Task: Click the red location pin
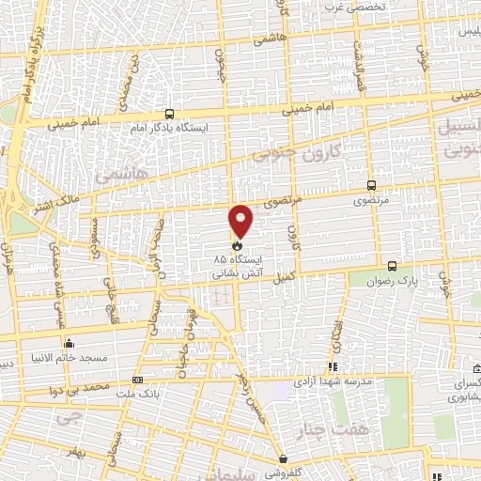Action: (241, 220)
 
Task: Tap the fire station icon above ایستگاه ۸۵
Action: (236, 247)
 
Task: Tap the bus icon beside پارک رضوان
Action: (393, 266)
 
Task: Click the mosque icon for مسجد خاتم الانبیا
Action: (68, 343)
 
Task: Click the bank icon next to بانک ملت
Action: (138, 380)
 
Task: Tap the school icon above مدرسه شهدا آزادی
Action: (331, 367)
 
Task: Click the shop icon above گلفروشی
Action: (283, 459)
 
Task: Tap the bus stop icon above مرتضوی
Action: (371, 186)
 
